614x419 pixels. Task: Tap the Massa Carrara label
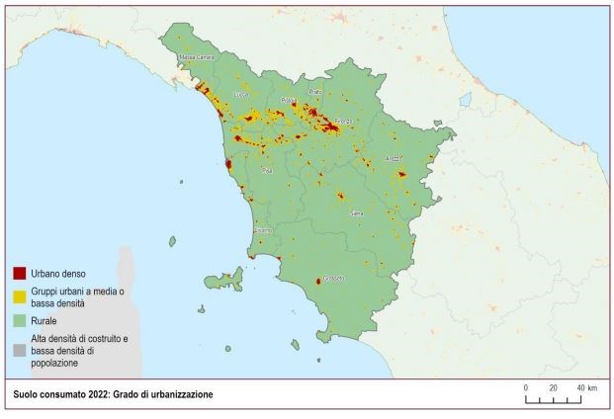pyautogui.click(x=196, y=58)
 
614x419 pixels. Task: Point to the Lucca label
pyautogui.click(x=238, y=95)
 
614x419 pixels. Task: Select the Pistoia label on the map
pyautogui.click(x=289, y=101)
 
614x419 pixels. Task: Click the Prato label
pyautogui.click(x=315, y=92)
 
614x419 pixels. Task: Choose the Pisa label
pyautogui.click(x=266, y=171)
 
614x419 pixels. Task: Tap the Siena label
pyautogui.click(x=357, y=212)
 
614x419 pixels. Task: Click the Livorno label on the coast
pyautogui.click(x=263, y=230)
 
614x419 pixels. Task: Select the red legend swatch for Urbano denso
pyautogui.click(x=19, y=272)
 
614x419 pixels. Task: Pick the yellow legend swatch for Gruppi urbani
pyautogui.click(x=19, y=294)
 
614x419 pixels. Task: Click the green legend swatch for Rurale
pyautogui.click(x=19, y=321)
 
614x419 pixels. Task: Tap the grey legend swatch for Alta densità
pyautogui.click(x=19, y=343)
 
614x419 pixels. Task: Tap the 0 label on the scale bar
pyautogui.click(x=526, y=387)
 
